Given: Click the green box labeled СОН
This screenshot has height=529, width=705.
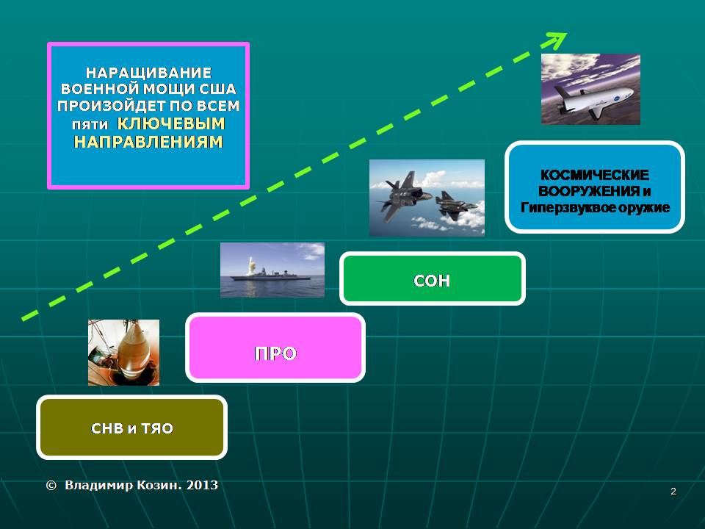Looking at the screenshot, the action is tap(432, 278).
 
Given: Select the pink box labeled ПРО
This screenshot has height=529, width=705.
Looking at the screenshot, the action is tap(275, 348).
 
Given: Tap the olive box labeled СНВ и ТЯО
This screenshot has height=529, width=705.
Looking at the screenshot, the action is tap(131, 428).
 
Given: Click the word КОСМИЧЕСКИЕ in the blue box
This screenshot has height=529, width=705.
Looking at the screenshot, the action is tap(594, 175).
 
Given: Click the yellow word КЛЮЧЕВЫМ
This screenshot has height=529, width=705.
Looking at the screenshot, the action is tap(171, 123).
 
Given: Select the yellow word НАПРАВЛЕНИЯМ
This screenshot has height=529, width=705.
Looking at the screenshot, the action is tap(148, 142).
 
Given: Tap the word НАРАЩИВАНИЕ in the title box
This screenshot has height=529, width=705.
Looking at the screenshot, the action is tap(148, 73).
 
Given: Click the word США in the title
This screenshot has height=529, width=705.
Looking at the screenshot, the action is tap(217, 89).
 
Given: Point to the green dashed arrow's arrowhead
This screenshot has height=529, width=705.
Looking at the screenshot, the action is tap(557, 40).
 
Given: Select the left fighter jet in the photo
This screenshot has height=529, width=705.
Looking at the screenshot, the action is tap(403, 194).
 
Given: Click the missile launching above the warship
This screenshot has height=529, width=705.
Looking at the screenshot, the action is tap(250, 264).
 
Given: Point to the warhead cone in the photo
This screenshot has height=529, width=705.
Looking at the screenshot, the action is tap(133, 348).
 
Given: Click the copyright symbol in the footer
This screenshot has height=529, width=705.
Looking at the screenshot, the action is tap(51, 486).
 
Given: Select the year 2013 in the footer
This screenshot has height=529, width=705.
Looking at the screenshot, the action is tap(203, 485).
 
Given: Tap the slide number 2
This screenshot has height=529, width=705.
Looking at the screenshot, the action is tap(673, 492).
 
